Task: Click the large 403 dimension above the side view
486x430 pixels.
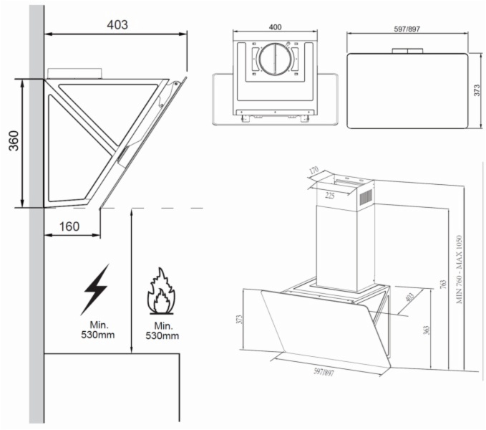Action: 117,25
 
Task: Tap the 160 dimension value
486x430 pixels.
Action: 69,227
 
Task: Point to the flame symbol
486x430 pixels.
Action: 160,292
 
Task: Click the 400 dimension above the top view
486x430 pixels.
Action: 275,27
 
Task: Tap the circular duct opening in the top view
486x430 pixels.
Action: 275,60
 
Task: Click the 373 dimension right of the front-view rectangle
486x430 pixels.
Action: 477,90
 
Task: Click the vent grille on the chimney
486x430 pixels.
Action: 366,196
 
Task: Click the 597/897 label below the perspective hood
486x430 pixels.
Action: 324,372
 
